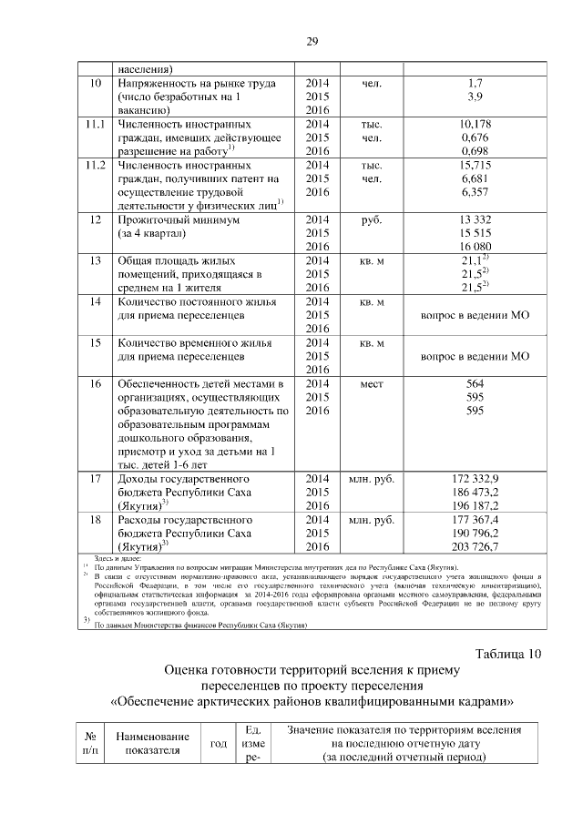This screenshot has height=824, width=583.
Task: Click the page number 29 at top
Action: [312, 42]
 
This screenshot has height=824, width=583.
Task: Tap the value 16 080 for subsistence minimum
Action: [475, 247]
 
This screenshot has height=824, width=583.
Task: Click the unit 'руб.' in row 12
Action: [371, 219]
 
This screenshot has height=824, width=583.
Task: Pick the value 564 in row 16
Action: [475, 383]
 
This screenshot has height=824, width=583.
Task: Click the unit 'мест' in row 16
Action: [371, 383]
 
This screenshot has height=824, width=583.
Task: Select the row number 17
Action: [92, 479]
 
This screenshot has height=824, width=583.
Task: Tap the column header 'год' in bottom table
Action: [219, 744]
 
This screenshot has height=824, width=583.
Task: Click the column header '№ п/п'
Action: [91, 744]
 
